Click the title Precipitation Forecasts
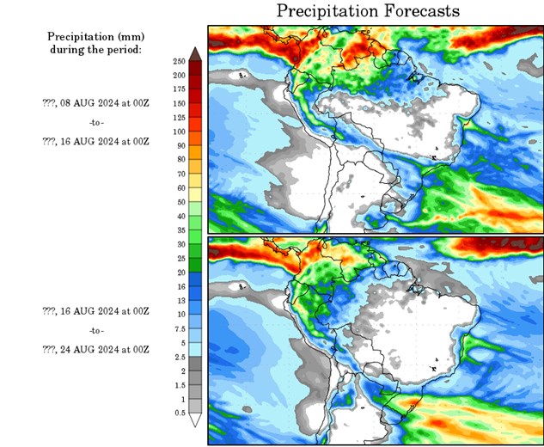point(368,11)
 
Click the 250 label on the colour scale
point(179,62)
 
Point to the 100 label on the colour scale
point(179,132)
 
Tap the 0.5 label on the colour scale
point(179,413)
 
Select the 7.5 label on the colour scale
point(179,328)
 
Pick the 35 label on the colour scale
point(179,230)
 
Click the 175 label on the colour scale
point(179,89)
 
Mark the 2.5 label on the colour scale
point(179,357)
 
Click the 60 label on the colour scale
point(179,187)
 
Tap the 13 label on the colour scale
point(179,301)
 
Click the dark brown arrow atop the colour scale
point(195,54)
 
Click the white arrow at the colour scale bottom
point(195,420)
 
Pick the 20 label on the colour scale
point(179,272)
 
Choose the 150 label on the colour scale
point(179,103)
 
